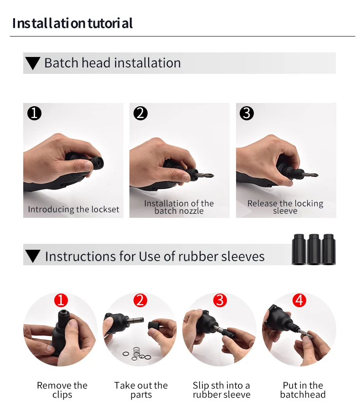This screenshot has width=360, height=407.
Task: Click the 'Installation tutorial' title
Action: [72, 23]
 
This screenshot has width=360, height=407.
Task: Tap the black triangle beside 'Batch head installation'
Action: [33, 63]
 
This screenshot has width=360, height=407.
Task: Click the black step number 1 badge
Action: [34, 113]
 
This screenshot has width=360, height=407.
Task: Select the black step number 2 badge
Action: [140, 113]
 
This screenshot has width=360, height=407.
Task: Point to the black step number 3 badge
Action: [247, 113]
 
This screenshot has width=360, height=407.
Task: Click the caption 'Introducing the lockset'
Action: [73, 209]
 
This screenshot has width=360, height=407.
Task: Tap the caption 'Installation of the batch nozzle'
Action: [179, 207]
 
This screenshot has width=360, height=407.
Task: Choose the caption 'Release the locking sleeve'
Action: [285, 207]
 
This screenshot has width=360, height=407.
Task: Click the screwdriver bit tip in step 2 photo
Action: [212, 176]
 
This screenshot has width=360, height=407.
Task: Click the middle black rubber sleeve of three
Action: [314, 249]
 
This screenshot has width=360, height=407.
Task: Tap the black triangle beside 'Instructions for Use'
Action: [33, 256]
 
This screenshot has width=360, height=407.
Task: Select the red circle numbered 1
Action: [61, 300]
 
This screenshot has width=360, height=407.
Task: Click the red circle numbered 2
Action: [140, 300]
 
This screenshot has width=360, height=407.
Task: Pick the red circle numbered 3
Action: [220, 300]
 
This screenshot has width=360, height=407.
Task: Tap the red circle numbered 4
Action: [299, 300]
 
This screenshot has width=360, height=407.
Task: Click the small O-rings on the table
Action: [137, 354]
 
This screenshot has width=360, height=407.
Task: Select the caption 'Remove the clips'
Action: [62, 390]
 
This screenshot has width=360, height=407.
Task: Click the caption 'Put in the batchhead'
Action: [303, 390]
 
